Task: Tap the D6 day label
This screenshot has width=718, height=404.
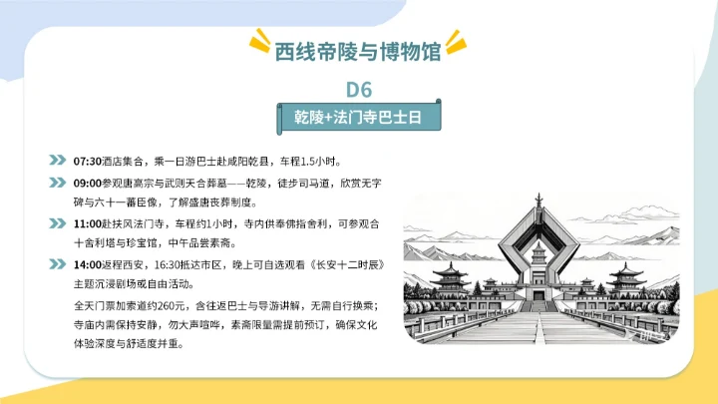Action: pyautogui.click(x=359, y=89)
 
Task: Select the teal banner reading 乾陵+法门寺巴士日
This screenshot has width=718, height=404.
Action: pyautogui.click(x=359, y=117)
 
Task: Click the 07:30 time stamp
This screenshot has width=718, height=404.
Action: pyautogui.click(x=88, y=161)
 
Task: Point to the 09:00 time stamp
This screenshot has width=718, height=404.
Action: pyautogui.click(x=88, y=183)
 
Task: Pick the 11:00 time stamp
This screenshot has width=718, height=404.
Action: pyautogui.click(x=88, y=223)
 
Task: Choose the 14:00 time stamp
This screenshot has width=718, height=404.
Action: pyautogui.click(x=88, y=265)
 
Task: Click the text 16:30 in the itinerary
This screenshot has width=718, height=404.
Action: pyautogui.click(x=166, y=265)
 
